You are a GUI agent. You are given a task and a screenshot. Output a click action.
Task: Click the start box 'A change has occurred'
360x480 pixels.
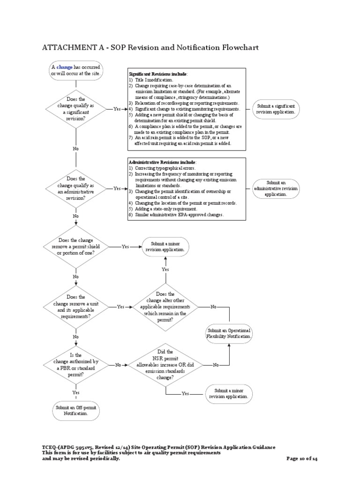pos(76,70)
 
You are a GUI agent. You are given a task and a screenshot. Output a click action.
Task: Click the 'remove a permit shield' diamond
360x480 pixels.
pos(76,247)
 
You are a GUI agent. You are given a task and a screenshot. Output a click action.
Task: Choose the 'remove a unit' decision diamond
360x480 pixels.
pos(76,307)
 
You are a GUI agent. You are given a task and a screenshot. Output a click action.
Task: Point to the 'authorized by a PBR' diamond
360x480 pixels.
pos(76,365)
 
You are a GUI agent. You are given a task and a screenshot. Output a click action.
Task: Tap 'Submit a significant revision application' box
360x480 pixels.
pos(275,109)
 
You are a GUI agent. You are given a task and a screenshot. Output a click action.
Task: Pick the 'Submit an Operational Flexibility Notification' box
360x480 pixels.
pos(230,333)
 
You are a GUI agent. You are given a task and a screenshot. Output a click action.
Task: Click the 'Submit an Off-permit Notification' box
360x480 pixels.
pos(76,411)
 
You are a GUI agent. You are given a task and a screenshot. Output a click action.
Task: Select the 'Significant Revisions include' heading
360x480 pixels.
pos(158,74)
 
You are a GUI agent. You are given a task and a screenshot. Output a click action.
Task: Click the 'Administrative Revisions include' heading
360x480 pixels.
pos(159,162)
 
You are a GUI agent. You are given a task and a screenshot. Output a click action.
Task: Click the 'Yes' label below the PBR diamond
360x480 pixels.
pos(76,392)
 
